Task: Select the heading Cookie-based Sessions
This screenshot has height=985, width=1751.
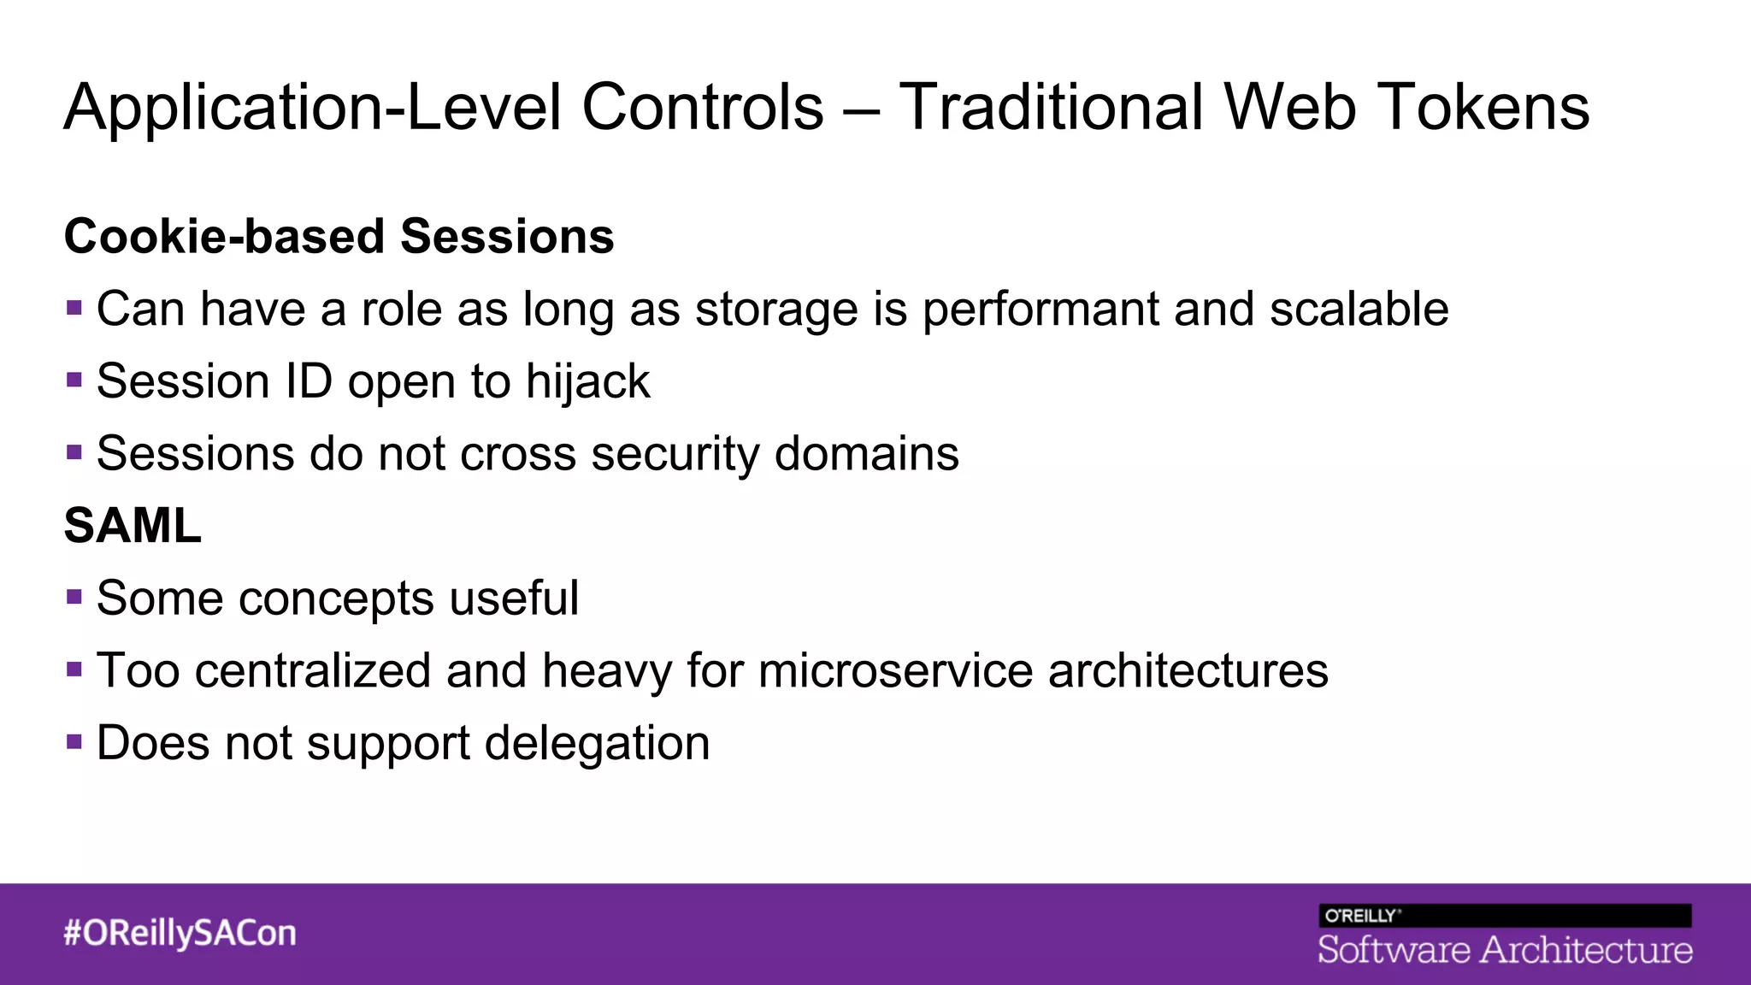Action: (x=339, y=236)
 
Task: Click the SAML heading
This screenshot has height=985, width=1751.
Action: (x=133, y=525)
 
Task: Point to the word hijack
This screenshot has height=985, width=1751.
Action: (x=587, y=381)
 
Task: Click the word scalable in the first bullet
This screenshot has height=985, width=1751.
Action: (x=1359, y=309)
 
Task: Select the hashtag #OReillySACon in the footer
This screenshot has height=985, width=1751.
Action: (x=180, y=933)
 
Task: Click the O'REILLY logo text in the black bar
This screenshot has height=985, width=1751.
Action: (x=1361, y=916)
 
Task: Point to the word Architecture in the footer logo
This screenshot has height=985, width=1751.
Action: (x=1586, y=950)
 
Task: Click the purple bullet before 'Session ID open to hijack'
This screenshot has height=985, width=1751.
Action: (x=74, y=379)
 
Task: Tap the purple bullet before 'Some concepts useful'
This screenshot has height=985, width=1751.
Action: (x=74, y=596)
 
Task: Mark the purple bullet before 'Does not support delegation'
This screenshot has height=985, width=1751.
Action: (x=74, y=740)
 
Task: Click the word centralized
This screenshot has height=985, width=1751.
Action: (x=313, y=670)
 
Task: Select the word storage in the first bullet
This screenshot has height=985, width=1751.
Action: (x=775, y=310)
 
